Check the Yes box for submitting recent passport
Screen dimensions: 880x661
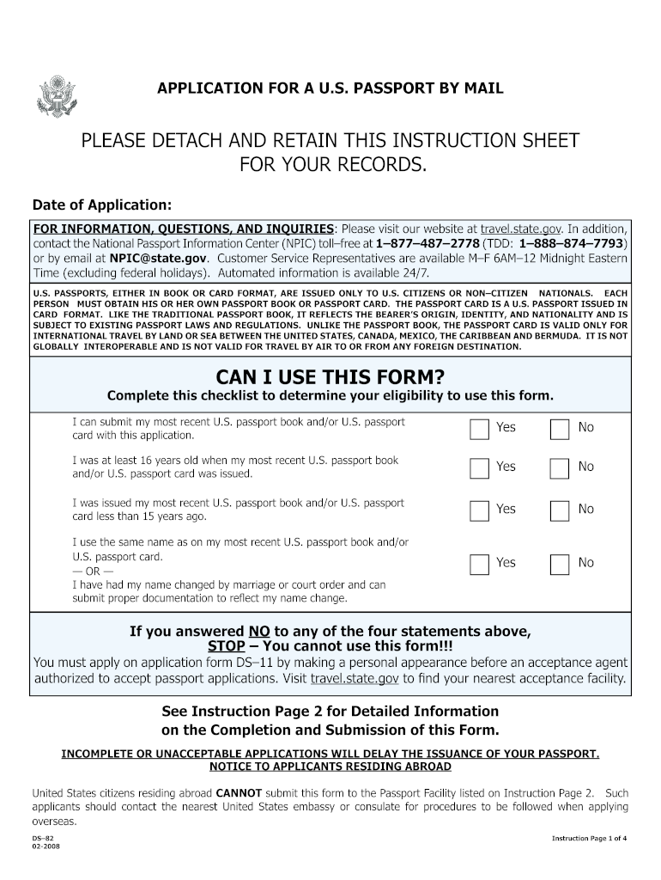[x=479, y=429]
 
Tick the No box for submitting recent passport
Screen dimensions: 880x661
[x=559, y=429]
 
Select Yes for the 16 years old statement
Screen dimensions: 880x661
[x=479, y=468]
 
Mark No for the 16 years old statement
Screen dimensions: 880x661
[x=559, y=468]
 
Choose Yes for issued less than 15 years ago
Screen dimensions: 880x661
[x=479, y=510]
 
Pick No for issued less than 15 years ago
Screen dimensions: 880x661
[x=559, y=510]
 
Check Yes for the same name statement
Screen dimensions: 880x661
[x=479, y=564]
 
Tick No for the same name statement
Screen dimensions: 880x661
[x=559, y=564]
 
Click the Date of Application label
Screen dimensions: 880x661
[x=102, y=205]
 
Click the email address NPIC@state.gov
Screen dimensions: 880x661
[x=158, y=258]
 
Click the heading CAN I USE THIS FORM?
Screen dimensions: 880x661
[x=330, y=376]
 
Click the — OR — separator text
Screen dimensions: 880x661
[x=92, y=571]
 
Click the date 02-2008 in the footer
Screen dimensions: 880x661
[x=46, y=846]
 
